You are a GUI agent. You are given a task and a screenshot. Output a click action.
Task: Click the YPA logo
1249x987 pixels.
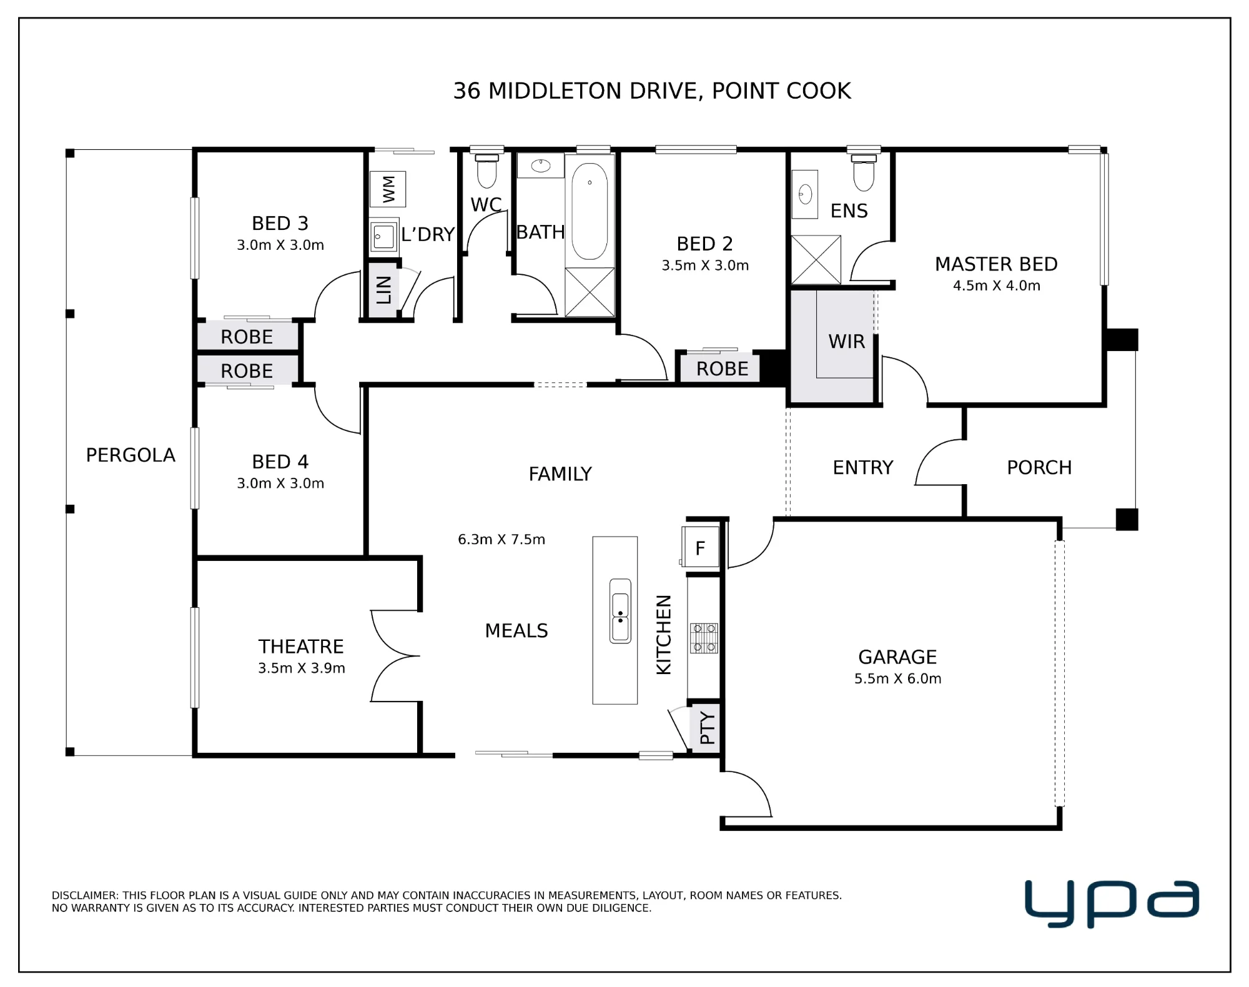click(x=1112, y=903)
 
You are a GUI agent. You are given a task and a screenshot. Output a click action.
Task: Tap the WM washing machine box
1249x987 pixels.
click(x=388, y=189)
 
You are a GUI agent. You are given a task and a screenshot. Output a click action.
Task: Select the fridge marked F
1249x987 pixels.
click(x=700, y=548)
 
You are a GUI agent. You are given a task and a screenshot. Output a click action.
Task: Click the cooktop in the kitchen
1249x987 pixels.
click(x=704, y=638)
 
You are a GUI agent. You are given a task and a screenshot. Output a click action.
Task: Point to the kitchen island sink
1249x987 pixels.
click(x=620, y=610)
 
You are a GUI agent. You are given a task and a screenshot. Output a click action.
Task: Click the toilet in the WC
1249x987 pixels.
click(x=486, y=170)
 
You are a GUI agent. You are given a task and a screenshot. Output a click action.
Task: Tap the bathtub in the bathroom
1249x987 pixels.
click(x=590, y=211)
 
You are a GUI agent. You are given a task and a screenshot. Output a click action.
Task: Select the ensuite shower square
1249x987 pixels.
click(x=816, y=260)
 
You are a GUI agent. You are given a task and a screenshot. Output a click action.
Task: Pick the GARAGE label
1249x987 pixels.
click(x=897, y=657)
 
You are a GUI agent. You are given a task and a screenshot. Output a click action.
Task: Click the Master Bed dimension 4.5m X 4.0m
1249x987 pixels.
click(x=997, y=285)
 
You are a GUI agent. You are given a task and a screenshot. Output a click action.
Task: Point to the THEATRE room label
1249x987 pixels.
click(x=301, y=647)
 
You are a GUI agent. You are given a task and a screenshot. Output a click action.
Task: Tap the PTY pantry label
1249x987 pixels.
click(x=707, y=728)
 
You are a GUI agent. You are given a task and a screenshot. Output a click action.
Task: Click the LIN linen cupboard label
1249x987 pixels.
click(x=383, y=290)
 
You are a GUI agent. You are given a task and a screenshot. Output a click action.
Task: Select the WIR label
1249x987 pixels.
click(x=847, y=342)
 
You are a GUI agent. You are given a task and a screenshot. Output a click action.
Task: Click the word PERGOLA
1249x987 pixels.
click(x=131, y=455)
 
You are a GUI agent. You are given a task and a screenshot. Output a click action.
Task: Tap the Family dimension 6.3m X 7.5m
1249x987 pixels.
click(x=501, y=539)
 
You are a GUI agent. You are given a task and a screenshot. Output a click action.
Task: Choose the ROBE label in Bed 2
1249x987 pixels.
click(x=723, y=369)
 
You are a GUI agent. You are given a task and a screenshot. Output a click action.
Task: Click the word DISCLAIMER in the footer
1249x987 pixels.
click(x=85, y=895)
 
